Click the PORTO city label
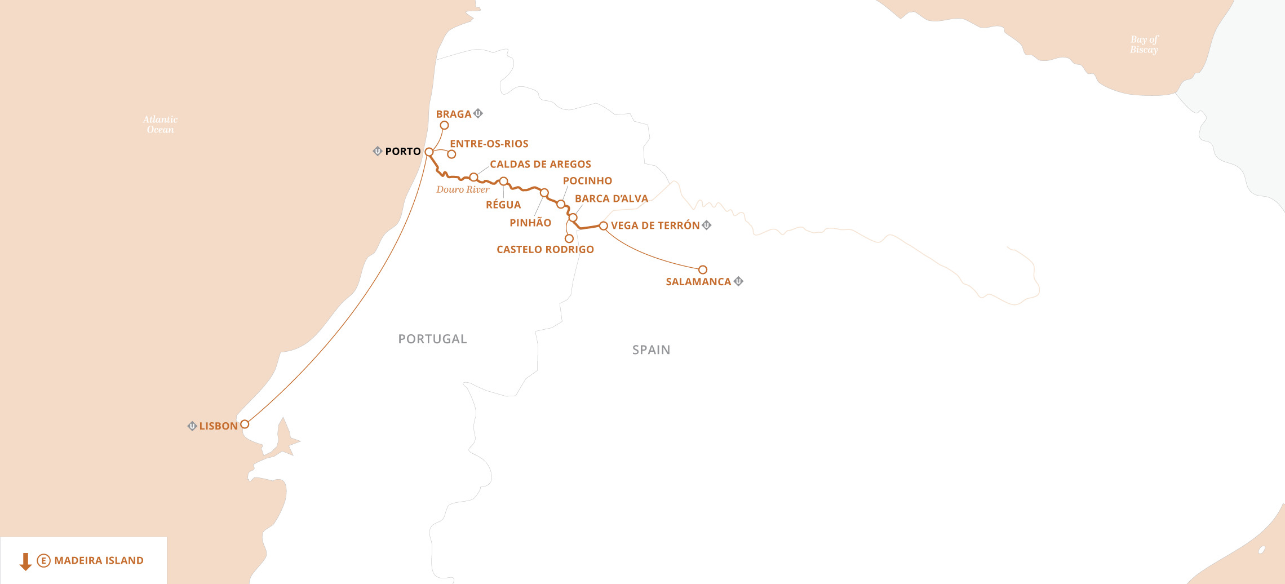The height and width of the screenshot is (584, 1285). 403,151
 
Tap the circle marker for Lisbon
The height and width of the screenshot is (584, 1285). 245,424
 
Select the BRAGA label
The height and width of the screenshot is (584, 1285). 453,114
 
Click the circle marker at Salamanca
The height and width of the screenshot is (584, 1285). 703,269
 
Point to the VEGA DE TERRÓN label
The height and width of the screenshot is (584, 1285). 655,225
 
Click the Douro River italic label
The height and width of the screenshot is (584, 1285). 463,189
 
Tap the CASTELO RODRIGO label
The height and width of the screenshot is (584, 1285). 545,249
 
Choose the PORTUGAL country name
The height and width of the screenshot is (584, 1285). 432,339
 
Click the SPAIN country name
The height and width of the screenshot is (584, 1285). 651,349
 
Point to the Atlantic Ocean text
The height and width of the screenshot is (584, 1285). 160,125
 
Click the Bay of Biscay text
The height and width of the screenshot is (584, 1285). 1144,45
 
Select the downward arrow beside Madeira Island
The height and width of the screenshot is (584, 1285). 25,561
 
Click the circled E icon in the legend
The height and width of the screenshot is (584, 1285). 43,560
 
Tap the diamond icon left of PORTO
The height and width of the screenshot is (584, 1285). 378,151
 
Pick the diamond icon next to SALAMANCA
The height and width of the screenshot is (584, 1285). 738,281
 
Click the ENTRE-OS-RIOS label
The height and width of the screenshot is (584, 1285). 489,144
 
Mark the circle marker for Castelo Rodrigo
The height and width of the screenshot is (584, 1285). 569,238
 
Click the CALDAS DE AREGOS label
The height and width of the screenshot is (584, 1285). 540,164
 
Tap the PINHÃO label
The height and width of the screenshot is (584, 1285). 530,223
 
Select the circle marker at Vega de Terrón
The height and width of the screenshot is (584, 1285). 604,225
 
